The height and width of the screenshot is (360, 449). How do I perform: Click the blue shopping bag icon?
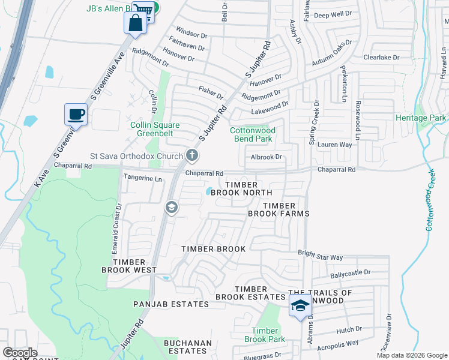point(135,23)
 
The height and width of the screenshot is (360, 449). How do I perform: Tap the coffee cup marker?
point(76,114)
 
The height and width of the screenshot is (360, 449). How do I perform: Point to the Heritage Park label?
point(421,118)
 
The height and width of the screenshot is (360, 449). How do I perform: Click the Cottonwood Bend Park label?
point(253,134)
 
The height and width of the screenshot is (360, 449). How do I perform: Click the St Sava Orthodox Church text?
point(137,156)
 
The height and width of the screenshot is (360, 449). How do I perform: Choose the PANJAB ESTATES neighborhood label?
point(171,304)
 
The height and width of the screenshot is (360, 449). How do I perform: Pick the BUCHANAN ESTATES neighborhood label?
point(188,347)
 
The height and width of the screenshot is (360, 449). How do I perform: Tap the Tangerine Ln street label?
point(143,179)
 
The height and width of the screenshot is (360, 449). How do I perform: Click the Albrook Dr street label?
point(266,157)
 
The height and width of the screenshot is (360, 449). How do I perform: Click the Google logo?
point(20,353)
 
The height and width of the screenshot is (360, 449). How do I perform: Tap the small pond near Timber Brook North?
point(208,191)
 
